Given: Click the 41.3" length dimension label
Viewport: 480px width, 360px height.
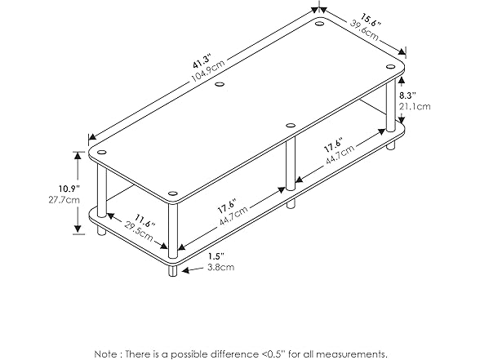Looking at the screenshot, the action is pyautogui.click(x=202, y=61).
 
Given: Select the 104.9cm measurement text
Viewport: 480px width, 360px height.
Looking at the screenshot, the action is pyautogui.click(x=208, y=71).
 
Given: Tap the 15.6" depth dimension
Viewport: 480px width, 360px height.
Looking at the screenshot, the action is pyautogui.click(x=371, y=20).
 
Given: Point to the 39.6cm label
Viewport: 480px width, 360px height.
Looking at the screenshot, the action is pyautogui.click(x=364, y=31).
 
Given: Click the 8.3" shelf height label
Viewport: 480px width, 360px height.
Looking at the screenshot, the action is pyautogui.click(x=407, y=96).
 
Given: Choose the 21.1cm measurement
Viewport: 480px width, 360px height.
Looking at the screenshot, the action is pyautogui.click(x=415, y=106).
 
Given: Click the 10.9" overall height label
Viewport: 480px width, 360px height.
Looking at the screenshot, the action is pyautogui.click(x=69, y=189).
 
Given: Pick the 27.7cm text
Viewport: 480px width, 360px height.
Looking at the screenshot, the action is pyautogui.click(x=64, y=200).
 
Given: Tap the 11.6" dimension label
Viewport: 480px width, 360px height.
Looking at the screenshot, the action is pyautogui.click(x=145, y=221).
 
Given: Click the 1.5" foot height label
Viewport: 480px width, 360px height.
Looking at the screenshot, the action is pyautogui.click(x=216, y=256).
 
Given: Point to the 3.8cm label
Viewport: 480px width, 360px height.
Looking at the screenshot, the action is pyautogui.click(x=221, y=267).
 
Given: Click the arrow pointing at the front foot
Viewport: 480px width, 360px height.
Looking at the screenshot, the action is pyautogui.click(x=193, y=269).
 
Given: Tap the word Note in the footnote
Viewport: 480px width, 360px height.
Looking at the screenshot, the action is pyautogui.click(x=105, y=354).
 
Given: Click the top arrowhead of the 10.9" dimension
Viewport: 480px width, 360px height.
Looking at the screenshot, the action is pyautogui.click(x=78, y=155).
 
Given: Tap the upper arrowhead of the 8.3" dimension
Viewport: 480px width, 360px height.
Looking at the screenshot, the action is pyautogui.click(x=402, y=80).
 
